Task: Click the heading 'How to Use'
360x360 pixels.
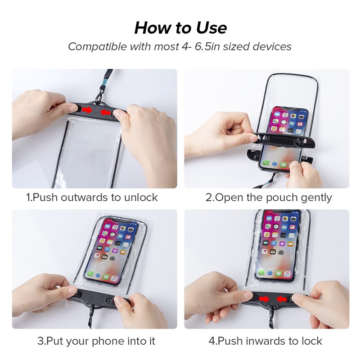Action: tap(180, 28)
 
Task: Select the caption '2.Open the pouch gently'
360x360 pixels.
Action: tap(269, 197)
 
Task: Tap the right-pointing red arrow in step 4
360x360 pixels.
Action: tap(265, 299)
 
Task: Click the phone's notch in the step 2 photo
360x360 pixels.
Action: tap(284, 109)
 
